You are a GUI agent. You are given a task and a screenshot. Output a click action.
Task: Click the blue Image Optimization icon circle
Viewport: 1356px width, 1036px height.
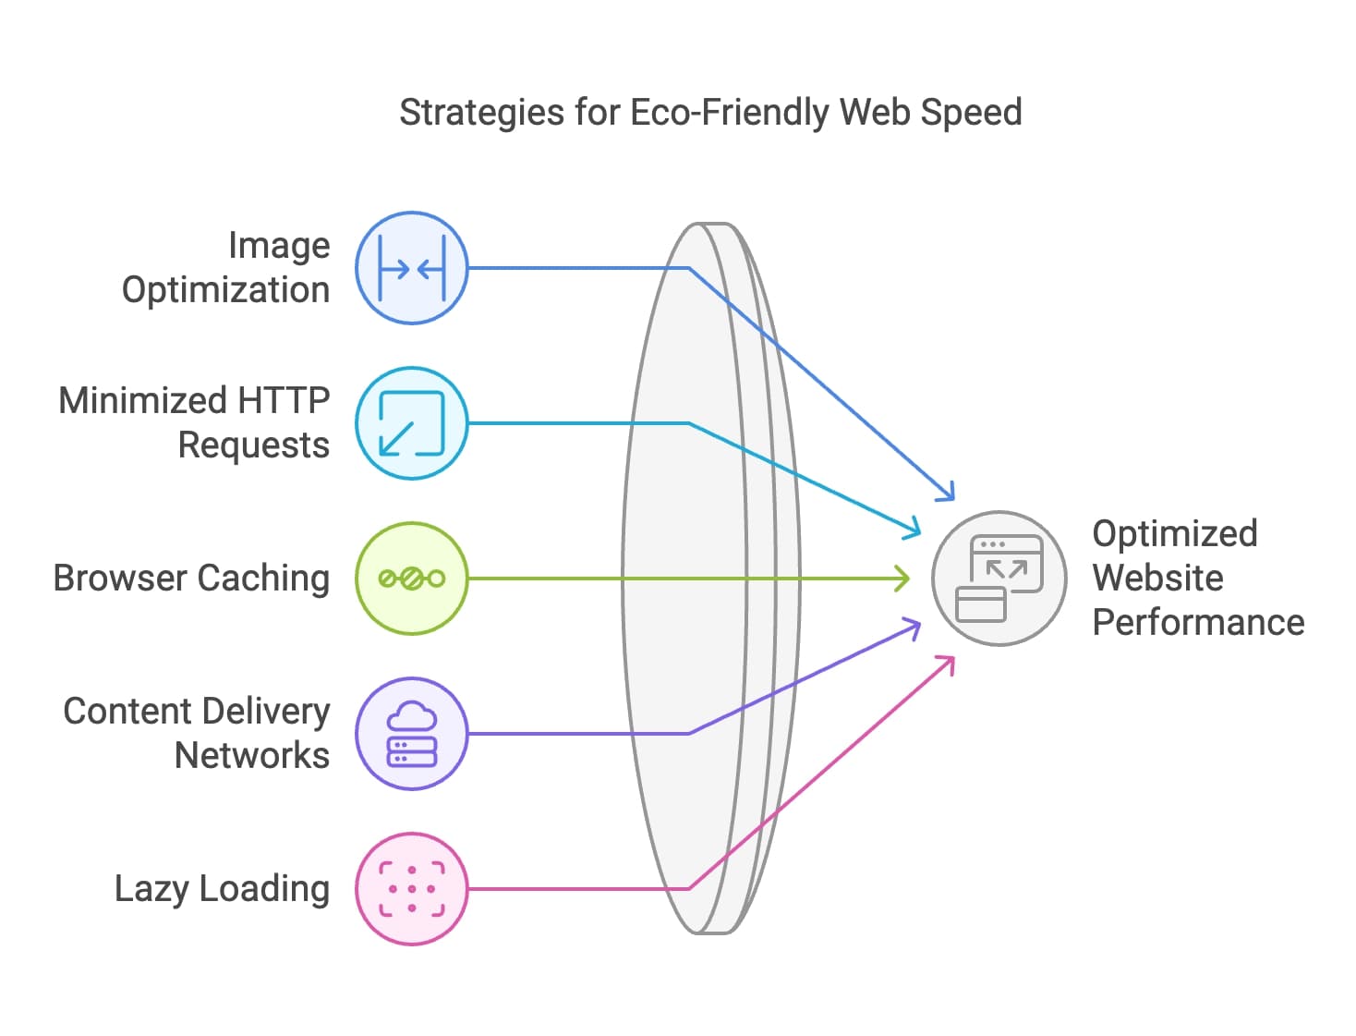pos(412,268)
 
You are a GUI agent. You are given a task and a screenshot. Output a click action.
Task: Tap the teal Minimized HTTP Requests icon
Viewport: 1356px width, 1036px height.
pos(412,423)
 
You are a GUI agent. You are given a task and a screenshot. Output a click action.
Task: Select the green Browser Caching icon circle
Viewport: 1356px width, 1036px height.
pos(412,579)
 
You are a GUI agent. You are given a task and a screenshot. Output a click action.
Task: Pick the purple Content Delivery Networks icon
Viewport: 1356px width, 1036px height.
pos(412,734)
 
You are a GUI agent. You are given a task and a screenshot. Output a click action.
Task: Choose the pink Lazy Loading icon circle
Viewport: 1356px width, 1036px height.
pos(412,889)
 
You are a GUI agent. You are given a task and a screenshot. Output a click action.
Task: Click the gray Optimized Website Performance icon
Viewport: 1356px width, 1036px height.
pos(999,579)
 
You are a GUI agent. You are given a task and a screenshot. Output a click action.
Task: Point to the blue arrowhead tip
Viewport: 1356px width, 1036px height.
pos(952,499)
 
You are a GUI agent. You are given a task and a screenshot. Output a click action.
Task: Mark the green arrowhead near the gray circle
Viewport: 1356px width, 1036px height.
pos(907,579)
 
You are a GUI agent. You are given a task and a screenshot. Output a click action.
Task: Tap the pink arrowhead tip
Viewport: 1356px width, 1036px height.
pos(952,657)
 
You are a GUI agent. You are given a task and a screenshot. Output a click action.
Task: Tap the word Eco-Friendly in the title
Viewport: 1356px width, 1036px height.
pos(730,113)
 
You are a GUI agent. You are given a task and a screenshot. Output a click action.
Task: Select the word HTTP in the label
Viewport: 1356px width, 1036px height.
pos(284,401)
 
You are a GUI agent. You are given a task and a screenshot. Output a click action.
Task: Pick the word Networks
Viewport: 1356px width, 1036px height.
pos(251,756)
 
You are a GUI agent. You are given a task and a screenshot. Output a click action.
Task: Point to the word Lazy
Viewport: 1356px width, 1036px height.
pos(151,889)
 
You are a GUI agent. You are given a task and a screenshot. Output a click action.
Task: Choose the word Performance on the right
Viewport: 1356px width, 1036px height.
pos(1198,623)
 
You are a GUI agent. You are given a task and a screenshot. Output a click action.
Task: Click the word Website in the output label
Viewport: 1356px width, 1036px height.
pos(1157,579)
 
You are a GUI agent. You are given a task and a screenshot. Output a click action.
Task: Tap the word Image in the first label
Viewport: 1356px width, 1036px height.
pos(278,246)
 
